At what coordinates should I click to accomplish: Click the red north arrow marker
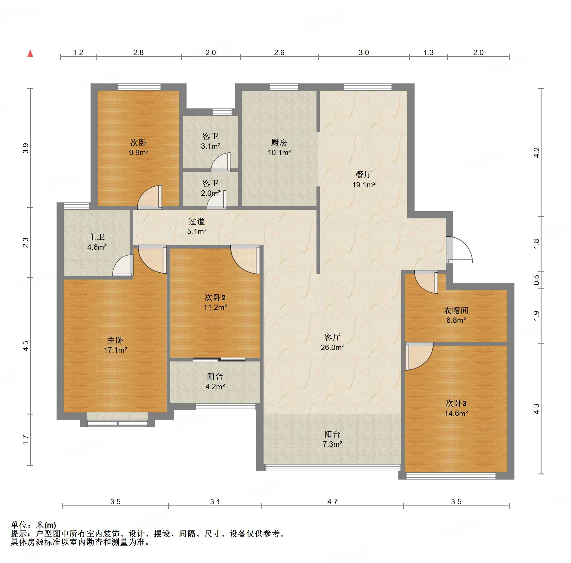click(30, 53)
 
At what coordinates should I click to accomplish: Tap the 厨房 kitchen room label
click(279, 142)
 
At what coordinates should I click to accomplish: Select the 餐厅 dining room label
click(364, 174)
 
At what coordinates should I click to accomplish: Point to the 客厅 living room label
click(332, 337)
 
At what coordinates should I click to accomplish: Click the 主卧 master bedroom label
click(115, 340)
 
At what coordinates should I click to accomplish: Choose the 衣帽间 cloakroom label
click(456, 310)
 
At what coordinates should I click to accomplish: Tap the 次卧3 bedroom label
click(456, 403)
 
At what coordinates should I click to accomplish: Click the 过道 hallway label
click(196, 221)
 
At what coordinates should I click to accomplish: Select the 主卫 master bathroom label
click(97, 237)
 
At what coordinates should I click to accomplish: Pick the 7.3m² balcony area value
click(332, 444)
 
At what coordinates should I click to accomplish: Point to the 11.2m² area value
click(215, 307)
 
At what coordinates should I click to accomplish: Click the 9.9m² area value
click(139, 152)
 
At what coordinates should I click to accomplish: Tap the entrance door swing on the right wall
click(459, 250)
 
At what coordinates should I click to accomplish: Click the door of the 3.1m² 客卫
click(221, 162)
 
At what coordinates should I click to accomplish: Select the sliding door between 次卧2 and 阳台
click(219, 359)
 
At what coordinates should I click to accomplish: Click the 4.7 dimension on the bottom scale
click(332, 502)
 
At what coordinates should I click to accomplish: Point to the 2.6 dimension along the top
click(279, 52)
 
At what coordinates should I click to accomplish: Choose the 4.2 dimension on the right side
click(536, 153)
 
